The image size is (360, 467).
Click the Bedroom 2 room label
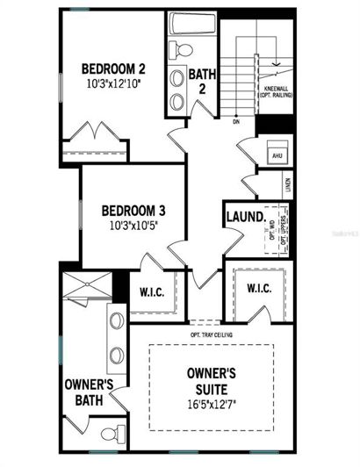coord(112,68)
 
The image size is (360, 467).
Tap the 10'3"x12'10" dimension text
coord(112,84)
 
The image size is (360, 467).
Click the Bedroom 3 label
coord(133,211)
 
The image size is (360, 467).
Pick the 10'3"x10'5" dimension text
coord(133,226)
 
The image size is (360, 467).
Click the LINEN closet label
coord(288,185)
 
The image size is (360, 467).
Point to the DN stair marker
coord(236,122)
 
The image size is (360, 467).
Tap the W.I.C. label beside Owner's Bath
coord(155,290)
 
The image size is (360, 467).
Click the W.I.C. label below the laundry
coord(258,288)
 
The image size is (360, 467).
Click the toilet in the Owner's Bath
coord(109,434)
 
